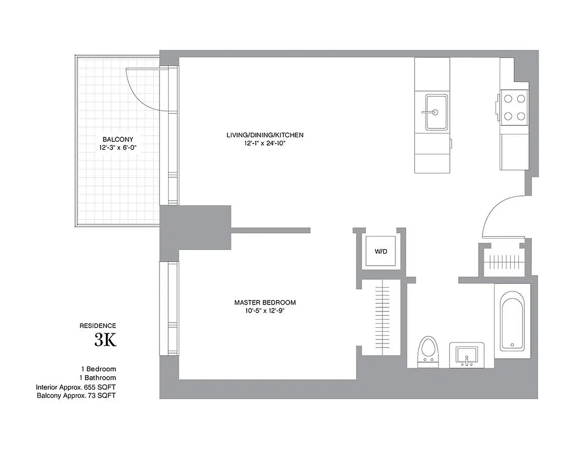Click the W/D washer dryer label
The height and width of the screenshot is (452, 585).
(381, 251)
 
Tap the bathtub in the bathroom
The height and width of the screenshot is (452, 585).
(511, 321)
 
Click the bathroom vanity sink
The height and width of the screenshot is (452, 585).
(467, 355)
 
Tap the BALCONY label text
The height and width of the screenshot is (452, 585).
(118, 139)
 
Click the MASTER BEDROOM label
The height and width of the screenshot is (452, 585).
(265, 303)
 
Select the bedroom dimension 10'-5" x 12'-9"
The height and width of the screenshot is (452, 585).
(265, 311)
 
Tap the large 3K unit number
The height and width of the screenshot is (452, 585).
(105, 340)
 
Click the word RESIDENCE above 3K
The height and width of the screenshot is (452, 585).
(98, 325)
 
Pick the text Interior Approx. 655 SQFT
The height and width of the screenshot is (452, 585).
(76, 387)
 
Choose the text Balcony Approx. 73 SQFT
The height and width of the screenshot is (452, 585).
(76, 395)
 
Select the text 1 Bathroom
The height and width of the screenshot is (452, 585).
(98, 377)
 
